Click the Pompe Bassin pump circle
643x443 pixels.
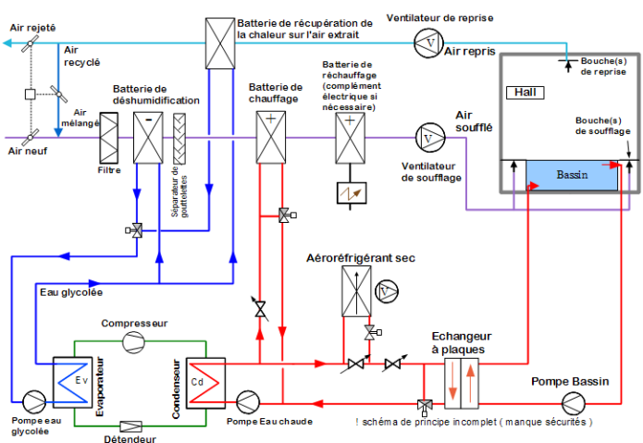tap(573, 402)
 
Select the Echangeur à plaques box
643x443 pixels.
tap(459, 379)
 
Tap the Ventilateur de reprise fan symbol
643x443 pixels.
tap(427, 41)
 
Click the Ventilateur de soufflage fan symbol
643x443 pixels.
tap(427, 136)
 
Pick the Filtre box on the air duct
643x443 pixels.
tap(108, 137)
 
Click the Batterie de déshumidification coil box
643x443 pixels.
tap(149, 137)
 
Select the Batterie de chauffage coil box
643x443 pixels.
tap(270, 136)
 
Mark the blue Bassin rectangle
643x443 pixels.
tap(565, 174)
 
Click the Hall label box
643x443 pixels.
tap(526, 92)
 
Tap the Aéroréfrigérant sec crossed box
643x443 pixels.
tap(355, 291)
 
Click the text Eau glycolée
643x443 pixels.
tap(71, 292)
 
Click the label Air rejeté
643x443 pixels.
tap(32, 29)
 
